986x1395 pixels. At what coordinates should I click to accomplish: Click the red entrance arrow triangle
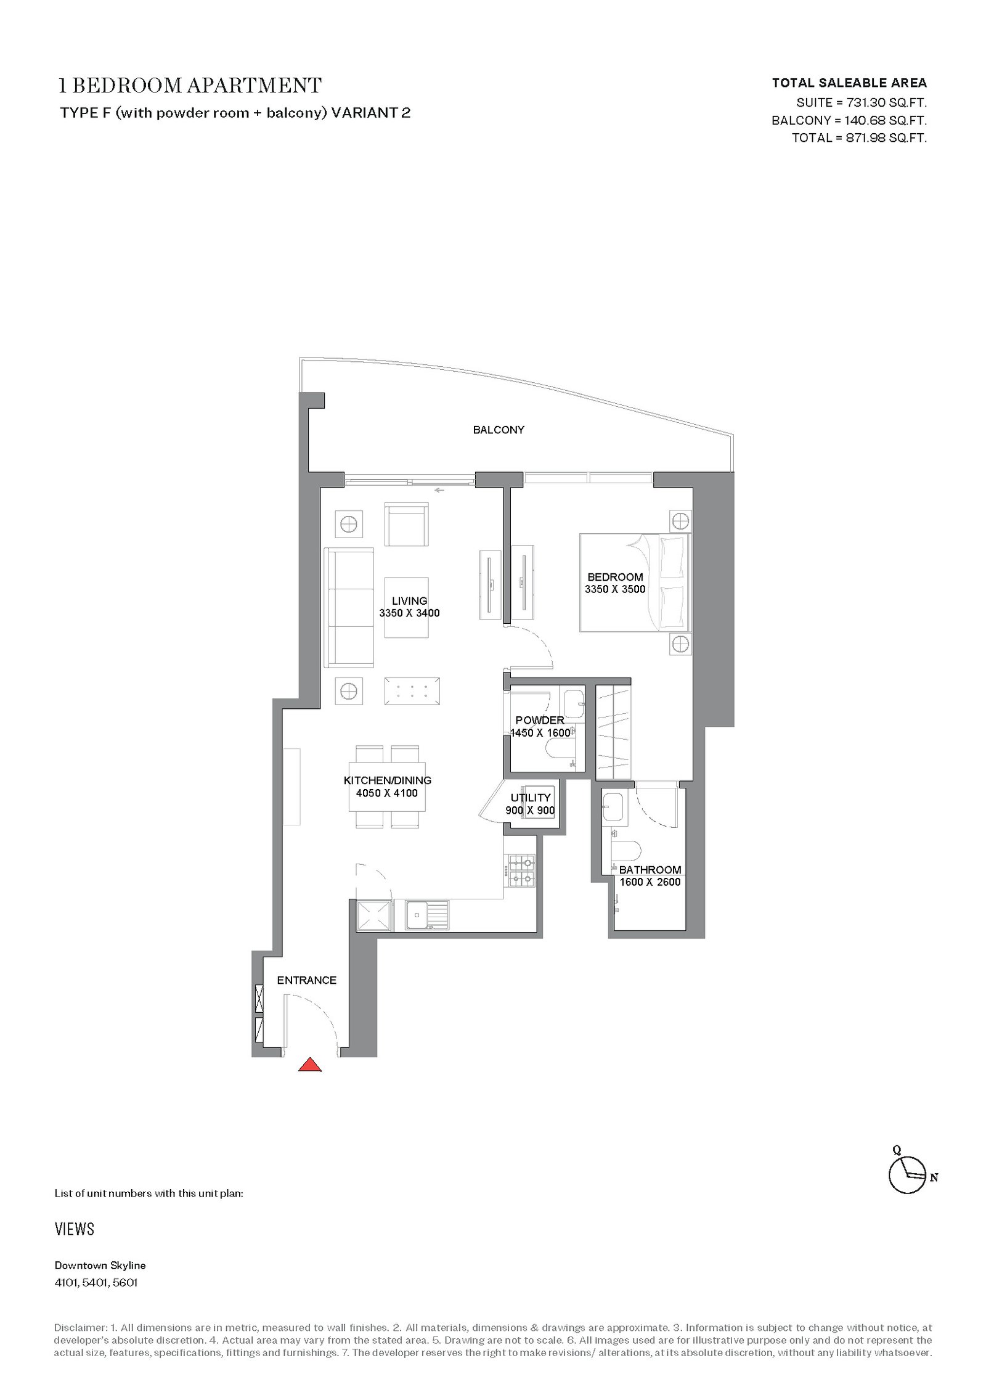click(310, 1064)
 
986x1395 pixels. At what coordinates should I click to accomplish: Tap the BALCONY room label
click(499, 430)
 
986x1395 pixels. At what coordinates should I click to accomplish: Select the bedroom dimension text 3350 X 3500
click(615, 589)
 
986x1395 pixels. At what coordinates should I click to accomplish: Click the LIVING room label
click(410, 600)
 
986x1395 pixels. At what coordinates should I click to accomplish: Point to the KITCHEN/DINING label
click(387, 780)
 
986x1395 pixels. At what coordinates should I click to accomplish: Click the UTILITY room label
click(531, 798)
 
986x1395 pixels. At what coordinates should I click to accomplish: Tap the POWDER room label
click(540, 720)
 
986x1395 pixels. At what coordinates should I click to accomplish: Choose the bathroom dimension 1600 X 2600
click(650, 882)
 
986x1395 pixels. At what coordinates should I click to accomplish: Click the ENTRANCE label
click(307, 980)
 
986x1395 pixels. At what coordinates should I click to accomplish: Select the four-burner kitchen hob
click(519, 870)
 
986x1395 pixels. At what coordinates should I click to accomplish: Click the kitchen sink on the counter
click(427, 915)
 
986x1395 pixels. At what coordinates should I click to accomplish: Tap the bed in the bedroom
click(635, 583)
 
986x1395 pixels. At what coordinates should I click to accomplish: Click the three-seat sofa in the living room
click(349, 608)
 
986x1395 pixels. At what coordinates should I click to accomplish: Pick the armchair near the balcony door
click(407, 524)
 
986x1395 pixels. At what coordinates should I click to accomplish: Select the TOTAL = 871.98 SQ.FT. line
click(859, 138)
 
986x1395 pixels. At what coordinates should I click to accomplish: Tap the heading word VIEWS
click(75, 1229)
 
